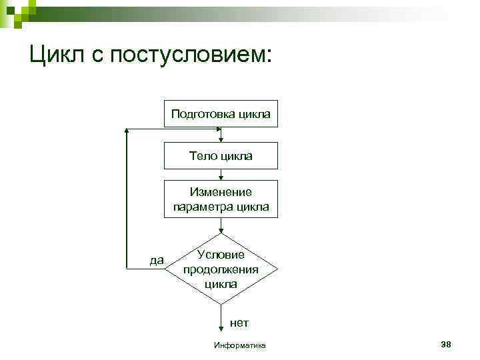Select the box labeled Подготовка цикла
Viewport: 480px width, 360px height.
(221, 114)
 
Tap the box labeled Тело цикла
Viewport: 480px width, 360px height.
(221, 156)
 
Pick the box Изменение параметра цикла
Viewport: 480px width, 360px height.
(221, 199)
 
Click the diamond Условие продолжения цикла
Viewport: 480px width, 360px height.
(221, 269)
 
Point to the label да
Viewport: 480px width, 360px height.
(157, 259)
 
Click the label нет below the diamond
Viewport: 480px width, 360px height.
(239, 323)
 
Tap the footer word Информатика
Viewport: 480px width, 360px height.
(239, 345)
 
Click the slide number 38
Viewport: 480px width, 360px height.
(446, 344)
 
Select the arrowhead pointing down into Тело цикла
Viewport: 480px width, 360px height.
(221, 139)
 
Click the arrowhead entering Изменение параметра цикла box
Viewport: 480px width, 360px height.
(221, 178)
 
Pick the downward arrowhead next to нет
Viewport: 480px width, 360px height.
(221, 328)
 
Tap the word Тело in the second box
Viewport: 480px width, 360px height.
(201, 156)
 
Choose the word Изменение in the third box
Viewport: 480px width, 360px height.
(221, 192)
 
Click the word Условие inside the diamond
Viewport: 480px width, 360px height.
(221, 255)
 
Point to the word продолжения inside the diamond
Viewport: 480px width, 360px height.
(221, 269)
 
